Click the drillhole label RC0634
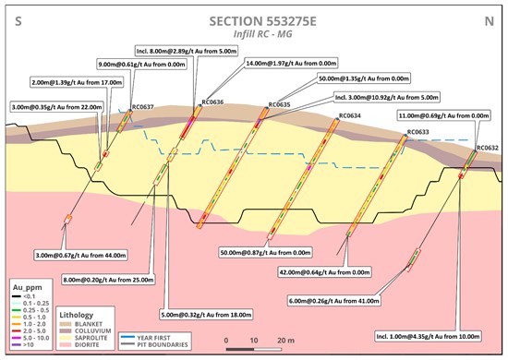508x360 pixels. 349,116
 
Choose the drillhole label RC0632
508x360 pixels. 488,148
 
